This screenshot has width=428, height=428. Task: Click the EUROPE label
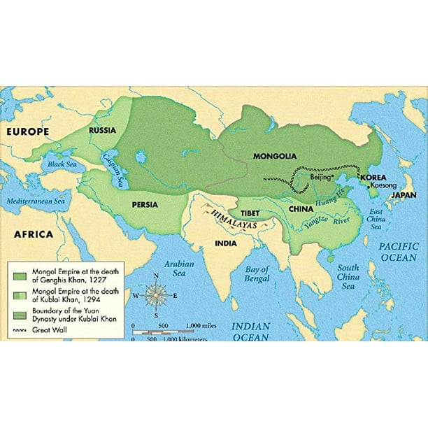(x=29, y=131)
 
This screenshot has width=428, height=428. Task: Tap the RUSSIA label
(x=102, y=129)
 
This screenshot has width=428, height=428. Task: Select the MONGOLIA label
(x=275, y=156)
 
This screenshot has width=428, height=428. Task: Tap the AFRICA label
(x=34, y=234)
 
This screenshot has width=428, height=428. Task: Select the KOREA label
(x=373, y=178)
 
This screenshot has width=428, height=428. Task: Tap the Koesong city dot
(x=369, y=186)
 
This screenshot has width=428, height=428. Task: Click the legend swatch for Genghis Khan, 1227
(x=17, y=269)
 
